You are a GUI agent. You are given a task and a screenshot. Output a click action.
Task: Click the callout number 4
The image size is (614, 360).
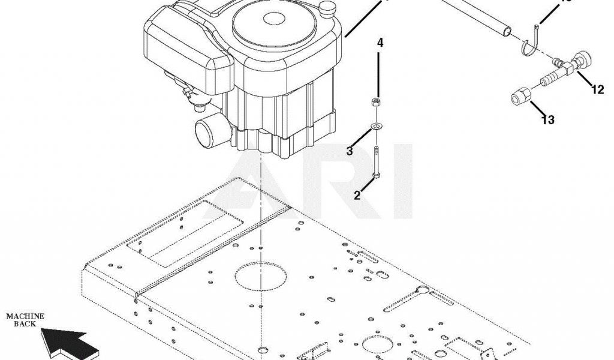point(380,43)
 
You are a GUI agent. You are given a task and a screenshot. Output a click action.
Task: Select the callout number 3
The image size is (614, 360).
point(350,151)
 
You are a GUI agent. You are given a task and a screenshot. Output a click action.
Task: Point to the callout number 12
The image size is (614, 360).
point(598,91)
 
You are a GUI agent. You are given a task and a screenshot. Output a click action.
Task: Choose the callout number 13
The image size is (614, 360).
point(547,120)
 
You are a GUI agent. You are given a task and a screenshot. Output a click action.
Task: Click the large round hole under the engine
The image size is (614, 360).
point(261,277)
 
